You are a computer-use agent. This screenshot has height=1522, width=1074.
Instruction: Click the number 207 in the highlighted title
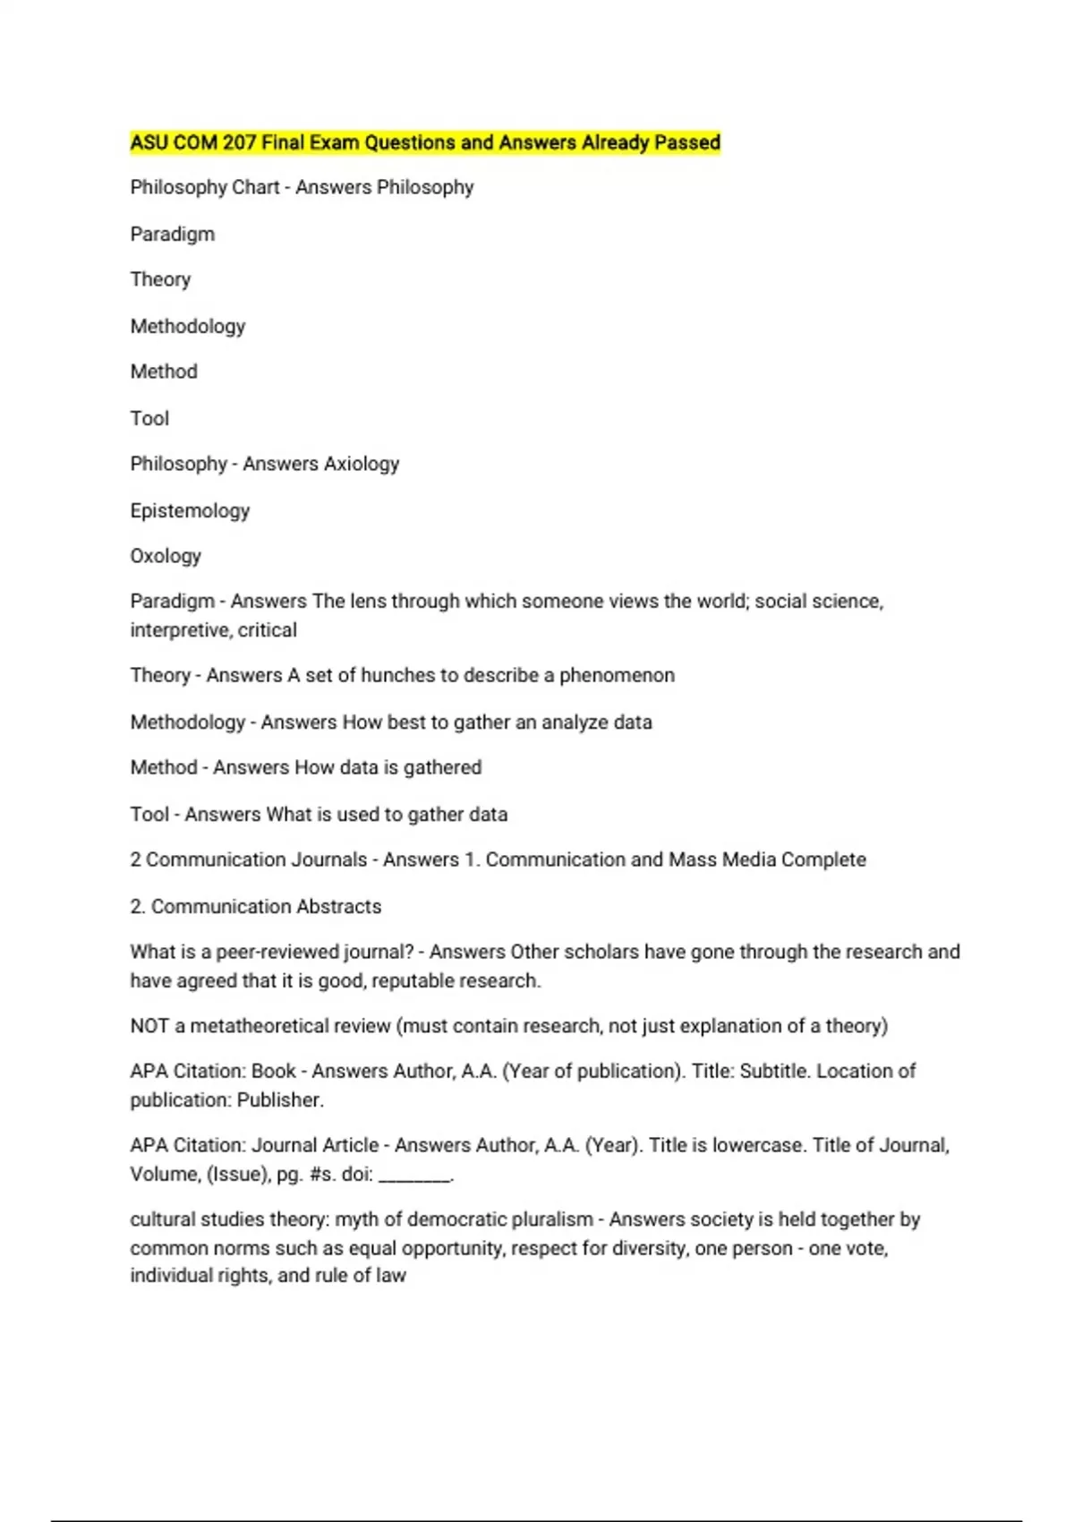click(239, 142)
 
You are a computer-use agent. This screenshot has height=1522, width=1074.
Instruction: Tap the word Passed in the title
click(687, 142)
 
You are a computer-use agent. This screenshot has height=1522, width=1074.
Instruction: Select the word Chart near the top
click(255, 188)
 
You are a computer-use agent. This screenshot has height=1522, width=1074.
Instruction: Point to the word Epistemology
click(190, 511)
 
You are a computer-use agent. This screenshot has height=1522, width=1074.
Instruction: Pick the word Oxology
click(166, 556)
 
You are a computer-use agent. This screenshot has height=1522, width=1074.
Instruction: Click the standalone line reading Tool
click(149, 418)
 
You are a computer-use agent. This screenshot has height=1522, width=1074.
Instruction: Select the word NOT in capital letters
click(149, 1026)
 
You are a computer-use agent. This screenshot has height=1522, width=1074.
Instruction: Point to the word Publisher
click(279, 1100)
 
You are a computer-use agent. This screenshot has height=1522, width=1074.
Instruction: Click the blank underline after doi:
click(414, 1176)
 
